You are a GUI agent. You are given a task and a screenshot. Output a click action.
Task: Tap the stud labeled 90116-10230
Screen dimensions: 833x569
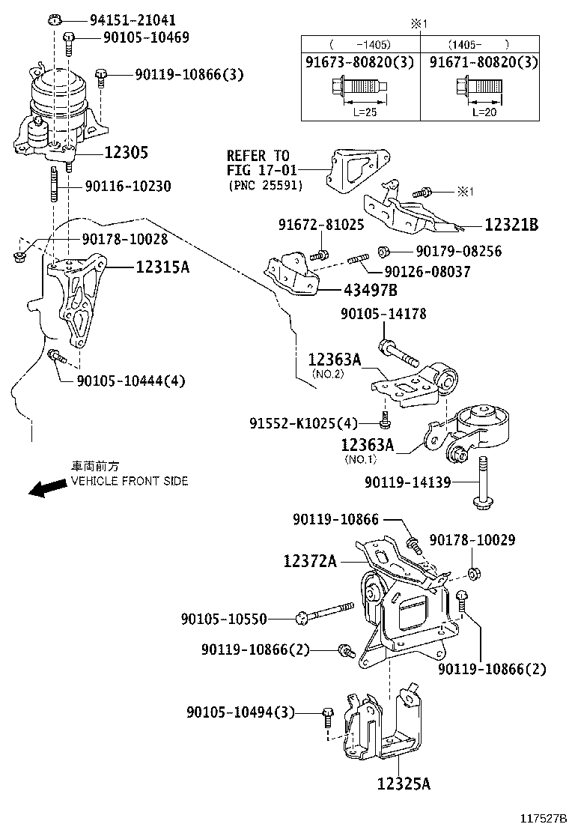point(55,186)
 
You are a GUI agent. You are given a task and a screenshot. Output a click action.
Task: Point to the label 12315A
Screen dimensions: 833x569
point(162,266)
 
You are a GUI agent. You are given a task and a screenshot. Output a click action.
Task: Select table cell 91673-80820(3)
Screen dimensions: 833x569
point(360,63)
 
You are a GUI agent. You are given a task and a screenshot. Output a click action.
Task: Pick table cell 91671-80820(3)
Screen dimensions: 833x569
point(483,63)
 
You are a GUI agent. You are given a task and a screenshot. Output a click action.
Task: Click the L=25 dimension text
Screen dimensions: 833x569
point(360,112)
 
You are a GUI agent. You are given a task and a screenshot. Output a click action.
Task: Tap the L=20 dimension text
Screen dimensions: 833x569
point(484,112)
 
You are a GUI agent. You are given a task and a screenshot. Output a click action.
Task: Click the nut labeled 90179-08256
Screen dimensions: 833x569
point(383,251)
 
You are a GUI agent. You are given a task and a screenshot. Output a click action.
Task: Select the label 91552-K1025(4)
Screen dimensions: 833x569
point(304,423)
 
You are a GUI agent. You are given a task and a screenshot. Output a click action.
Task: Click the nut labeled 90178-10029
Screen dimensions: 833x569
point(473,575)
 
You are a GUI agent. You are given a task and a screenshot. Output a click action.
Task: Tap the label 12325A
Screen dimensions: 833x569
point(404,784)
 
